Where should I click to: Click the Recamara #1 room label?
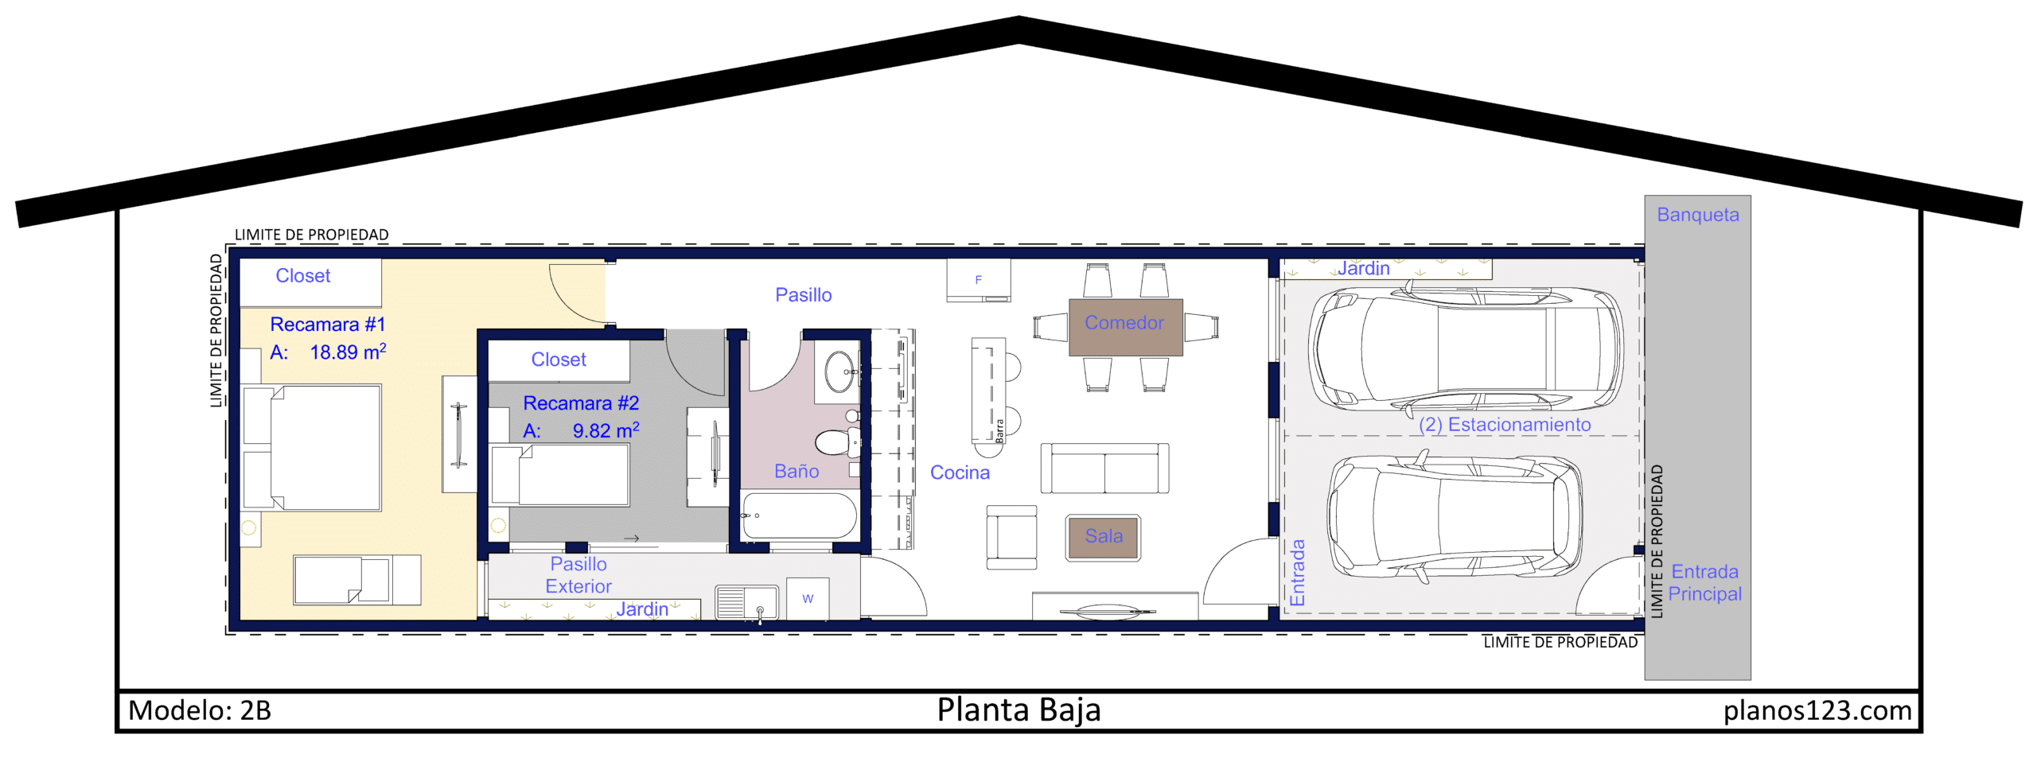pos(327,325)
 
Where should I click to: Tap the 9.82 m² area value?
pos(606,430)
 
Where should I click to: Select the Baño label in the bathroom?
pos(796,472)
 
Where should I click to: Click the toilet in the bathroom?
pos(836,441)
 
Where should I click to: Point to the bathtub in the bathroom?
pos(799,515)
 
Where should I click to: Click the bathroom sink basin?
pos(840,371)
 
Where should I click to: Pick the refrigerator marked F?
pos(978,280)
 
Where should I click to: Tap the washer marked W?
pos(808,598)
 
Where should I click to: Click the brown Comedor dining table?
pos(1125,327)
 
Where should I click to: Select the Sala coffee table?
pos(1103,538)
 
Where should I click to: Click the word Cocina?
pos(960,472)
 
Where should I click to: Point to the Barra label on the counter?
pos(999,430)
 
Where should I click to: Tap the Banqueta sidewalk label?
pos(1697,215)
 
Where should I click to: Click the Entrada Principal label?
pos(1704,583)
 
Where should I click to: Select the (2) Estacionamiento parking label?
pos(1504,425)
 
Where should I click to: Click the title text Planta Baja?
pos(1018,710)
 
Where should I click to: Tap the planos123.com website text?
pos(1817,710)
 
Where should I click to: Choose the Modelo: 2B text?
pos(200,710)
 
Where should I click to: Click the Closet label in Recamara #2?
pos(559,360)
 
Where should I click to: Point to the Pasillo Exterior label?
pos(578,575)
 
